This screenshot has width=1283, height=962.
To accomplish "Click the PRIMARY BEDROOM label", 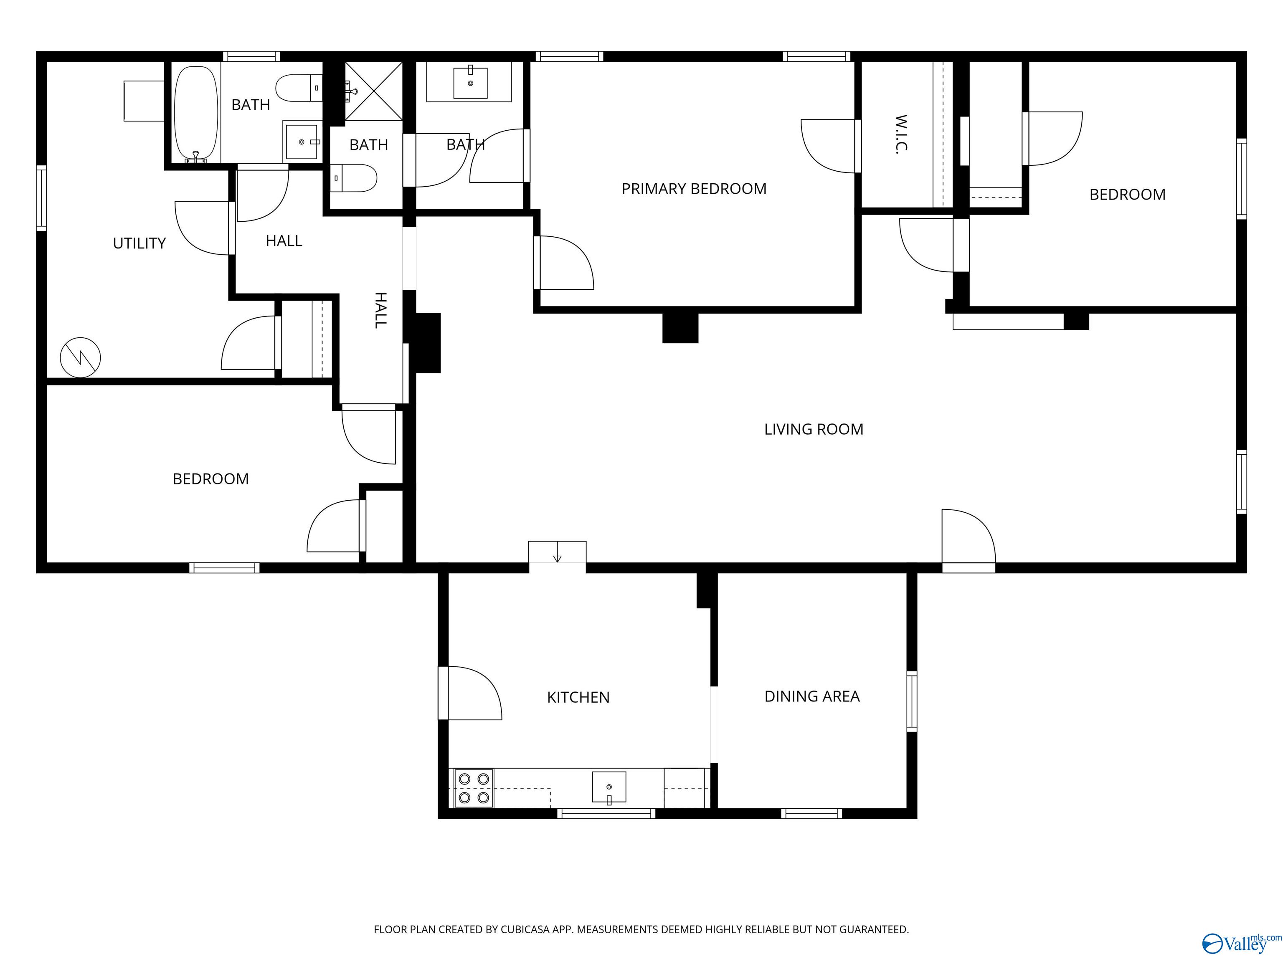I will [694, 189].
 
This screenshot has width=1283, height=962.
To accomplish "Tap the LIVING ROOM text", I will [813, 430].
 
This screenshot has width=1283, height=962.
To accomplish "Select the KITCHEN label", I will [578, 698].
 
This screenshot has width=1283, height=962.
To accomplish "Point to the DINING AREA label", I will [811, 696].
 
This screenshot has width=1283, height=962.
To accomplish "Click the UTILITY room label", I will [139, 243].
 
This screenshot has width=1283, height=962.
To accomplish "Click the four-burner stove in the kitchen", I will [473, 789].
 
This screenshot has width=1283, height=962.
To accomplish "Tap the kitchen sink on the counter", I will [609, 787].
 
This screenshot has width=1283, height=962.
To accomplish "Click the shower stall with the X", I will [373, 91].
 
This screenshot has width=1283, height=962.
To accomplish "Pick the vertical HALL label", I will [380, 311].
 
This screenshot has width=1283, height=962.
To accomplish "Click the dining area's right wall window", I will [911, 701].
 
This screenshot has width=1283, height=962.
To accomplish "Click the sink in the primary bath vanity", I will [470, 82].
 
